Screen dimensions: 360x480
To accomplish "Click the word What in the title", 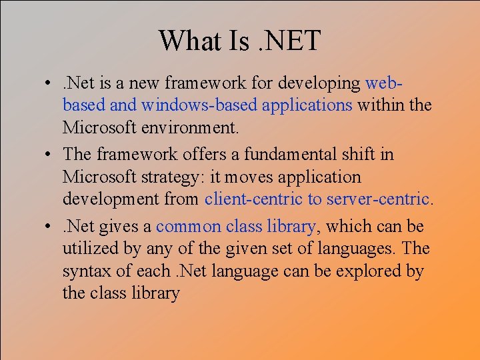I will [x=187, y=41].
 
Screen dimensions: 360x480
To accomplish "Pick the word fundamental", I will [x=289, y=155].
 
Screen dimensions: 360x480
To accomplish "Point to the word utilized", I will [x=84, y=249].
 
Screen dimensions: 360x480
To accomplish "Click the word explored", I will [x=375, y=272].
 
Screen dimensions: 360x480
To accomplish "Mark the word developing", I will [x=323, y=84].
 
